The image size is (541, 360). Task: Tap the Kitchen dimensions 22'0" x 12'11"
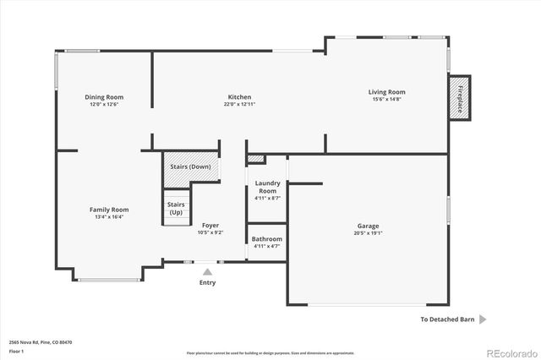[x=239, y=105]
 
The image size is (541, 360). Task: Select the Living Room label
[x=386, y=92]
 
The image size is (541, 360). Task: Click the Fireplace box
[x=460, y=98]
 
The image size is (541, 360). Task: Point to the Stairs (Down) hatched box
[x=190, y=166]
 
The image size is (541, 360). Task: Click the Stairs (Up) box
[x=176, y=208]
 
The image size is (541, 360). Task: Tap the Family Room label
[x=109, y=210]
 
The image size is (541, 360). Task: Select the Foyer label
[x=210, y=226]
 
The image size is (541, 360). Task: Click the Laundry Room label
[x=267, y=188]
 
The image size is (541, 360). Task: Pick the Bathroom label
[x=267, y=239]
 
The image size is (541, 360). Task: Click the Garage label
[x=368, y=226]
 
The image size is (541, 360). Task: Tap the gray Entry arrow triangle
[x=207, y=271]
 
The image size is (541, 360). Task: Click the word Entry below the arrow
[x=207, y=283]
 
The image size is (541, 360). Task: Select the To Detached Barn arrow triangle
[x=483, y=319]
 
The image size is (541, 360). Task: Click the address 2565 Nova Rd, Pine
[x=41, y=342]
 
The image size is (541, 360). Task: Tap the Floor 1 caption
[x=17, y=350]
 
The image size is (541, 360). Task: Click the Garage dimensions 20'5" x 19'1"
[x=368, y=233]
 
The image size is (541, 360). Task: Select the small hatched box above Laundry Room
[x=256, y=159]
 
